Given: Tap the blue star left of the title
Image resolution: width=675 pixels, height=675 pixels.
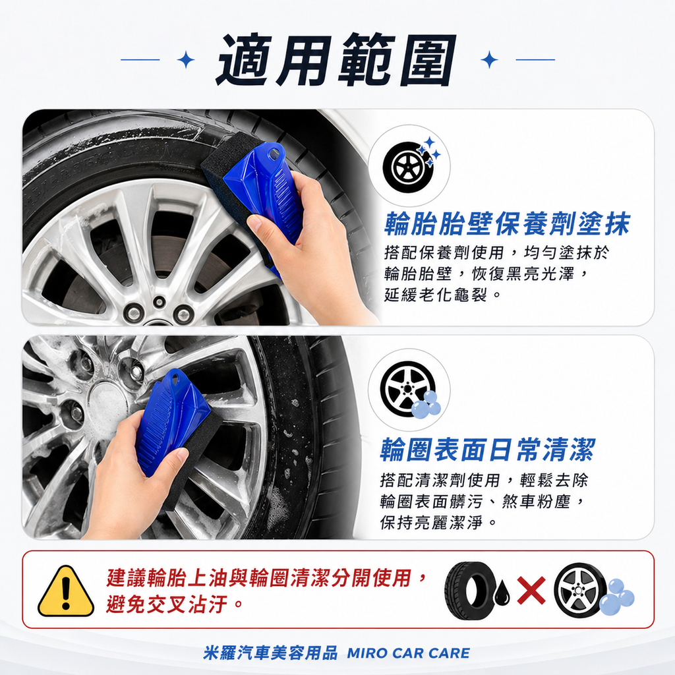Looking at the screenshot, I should click(187, 60).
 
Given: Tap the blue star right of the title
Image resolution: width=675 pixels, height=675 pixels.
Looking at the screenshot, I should click(489, 60).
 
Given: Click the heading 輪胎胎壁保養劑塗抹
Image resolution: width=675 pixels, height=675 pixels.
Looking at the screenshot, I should click(507, 225).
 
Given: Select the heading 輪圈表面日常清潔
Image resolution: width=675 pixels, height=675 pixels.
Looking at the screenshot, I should click(488, 450).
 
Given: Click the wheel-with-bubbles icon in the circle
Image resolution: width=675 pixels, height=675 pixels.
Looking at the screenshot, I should click(409, 390).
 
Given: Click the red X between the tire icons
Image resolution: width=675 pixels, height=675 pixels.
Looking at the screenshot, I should click(531, 590).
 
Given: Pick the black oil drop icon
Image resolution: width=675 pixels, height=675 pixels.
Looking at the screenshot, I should click(502, 593).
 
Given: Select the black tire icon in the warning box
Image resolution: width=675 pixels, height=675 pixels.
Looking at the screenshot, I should click(471, 589).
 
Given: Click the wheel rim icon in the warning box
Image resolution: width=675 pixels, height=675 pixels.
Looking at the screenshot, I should click(579, 589).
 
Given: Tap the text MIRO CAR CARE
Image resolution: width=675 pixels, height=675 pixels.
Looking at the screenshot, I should click(408, 653).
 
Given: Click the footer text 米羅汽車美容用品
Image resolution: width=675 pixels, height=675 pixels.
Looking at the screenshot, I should click(270, 653).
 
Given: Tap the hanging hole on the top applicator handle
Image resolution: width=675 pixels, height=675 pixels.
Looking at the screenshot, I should click(273, 154).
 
